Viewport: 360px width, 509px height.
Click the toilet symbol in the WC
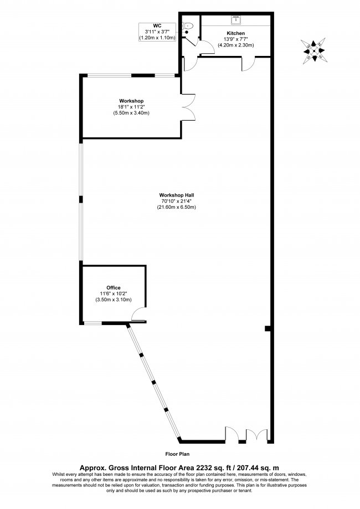tap(189, 25)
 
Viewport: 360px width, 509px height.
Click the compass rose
tap(314, 50)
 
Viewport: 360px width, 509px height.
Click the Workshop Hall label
tap(176, 195)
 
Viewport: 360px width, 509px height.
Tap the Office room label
tap(114, 287)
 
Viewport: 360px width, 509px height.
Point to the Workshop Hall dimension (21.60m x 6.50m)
tap(176, 207)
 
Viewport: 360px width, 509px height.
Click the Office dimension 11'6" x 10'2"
tap(114, 294)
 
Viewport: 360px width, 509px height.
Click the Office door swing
tap(138, 316)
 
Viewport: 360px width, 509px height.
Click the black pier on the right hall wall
tap(268, 328)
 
